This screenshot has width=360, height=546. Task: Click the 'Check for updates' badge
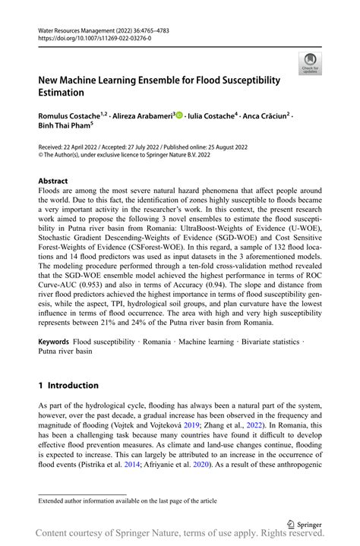click(x=309, y=63)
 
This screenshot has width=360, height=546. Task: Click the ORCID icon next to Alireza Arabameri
click(x=179, y=115)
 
